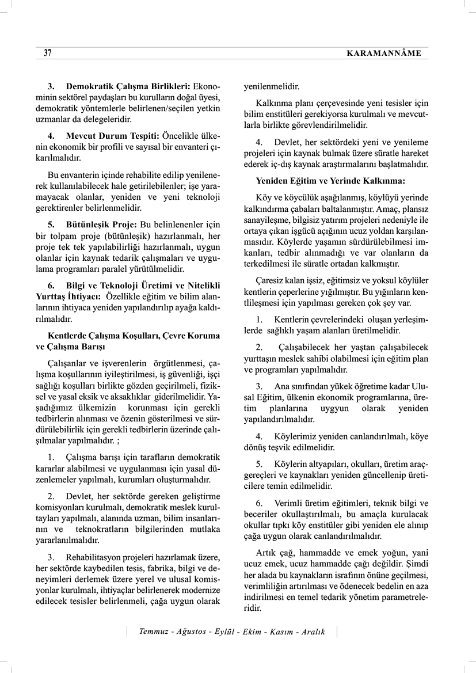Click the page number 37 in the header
pos(48,53)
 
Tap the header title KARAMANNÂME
pos(384,54)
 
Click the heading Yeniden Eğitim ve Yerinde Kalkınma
pos(330,180)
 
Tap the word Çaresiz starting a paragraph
pos(272,280)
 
